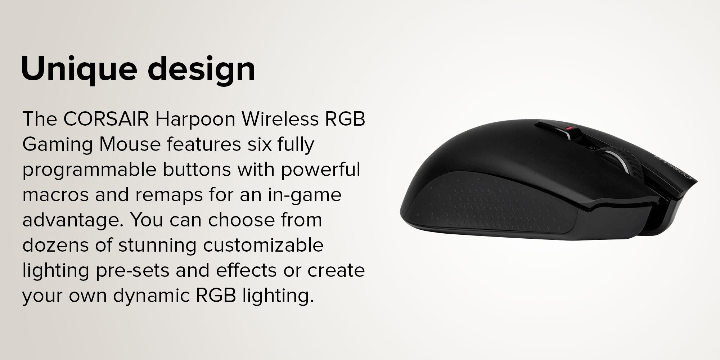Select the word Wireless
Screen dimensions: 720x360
coord(280,119)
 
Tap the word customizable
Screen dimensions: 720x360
coord(263,245)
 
